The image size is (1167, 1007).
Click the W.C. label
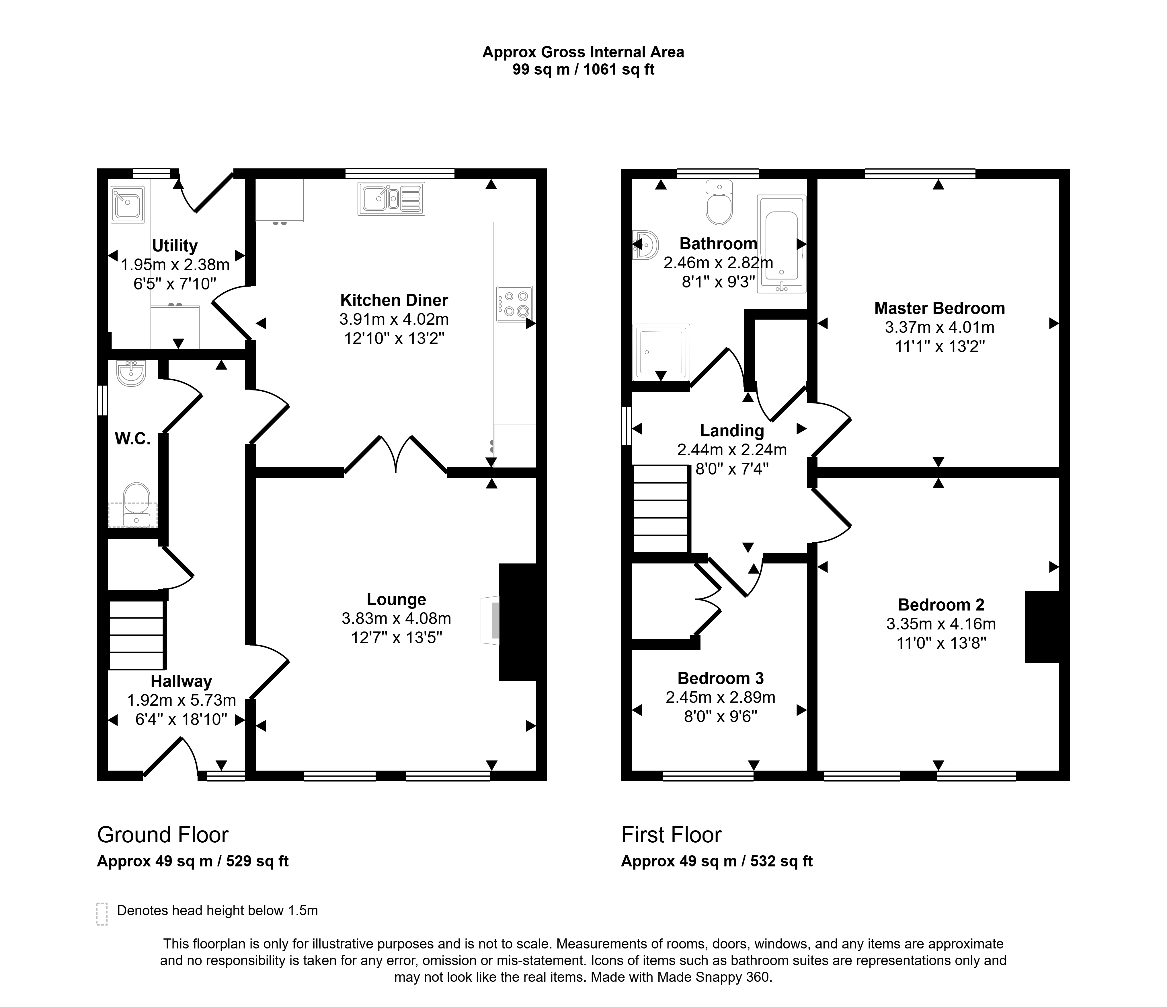[x=133, y=439]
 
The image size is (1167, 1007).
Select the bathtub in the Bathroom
[x=782, y=244]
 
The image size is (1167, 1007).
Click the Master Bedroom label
[x=939, y=308]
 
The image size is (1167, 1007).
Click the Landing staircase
[x=661, y=509]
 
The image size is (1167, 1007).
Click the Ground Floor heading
[x=163, y=835]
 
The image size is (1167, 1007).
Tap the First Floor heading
[x=671, y=835]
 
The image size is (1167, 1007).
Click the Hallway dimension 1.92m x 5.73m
[x=181, y=700]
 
